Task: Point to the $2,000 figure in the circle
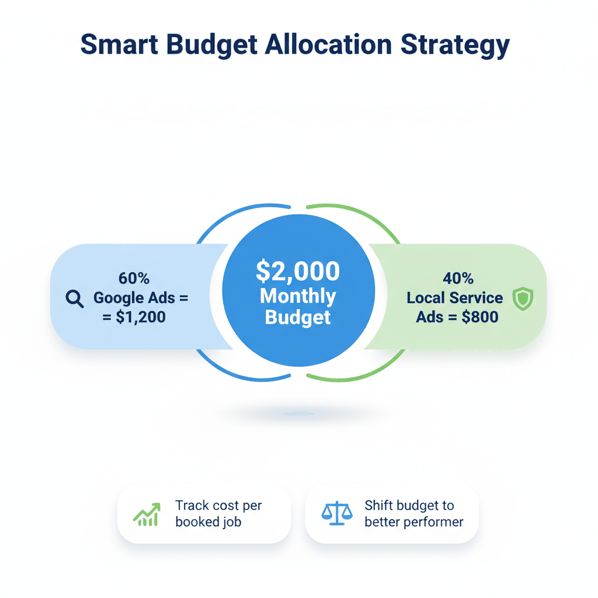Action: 298,271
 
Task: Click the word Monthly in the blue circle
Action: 298,296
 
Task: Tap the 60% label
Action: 134,279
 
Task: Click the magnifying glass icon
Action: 75,299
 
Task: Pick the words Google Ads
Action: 134,298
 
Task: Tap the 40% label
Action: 457,279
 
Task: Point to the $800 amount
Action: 474,318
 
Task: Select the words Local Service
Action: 454,298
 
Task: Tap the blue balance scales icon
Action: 337,513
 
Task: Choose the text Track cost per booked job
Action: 218,513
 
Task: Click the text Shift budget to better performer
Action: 413,513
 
